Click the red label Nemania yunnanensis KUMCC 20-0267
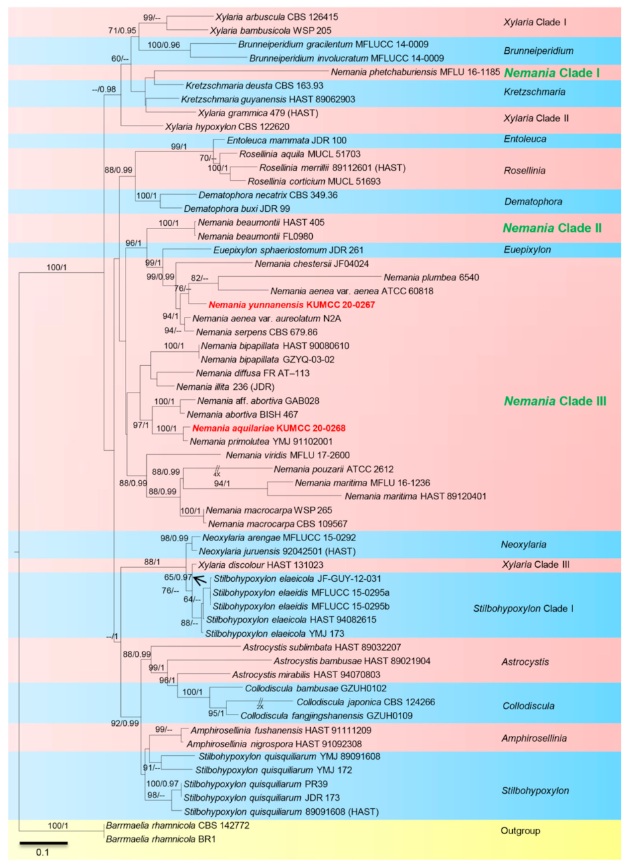click(292, 305)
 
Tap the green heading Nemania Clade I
click(552, 73)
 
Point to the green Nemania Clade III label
click(555, 401)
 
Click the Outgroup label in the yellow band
click(520, 831)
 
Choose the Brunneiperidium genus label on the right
click(538, 50)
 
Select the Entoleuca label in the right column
click(525, 139)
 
